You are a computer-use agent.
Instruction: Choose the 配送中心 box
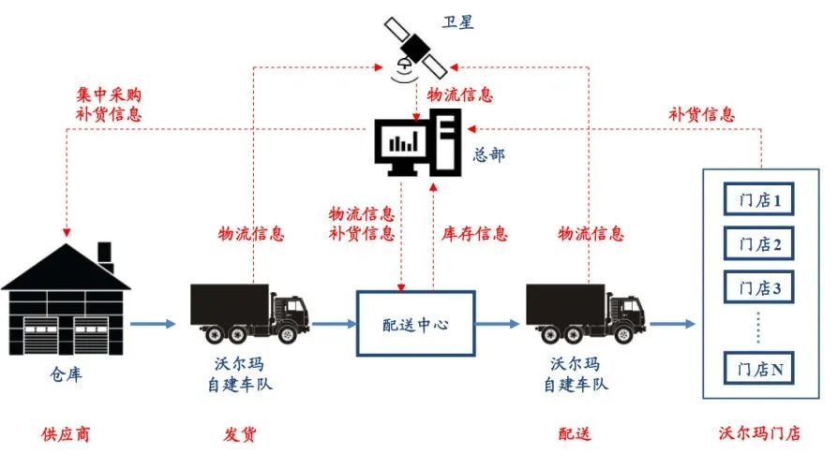(415, 324)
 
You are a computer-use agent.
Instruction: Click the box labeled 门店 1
(759, 199)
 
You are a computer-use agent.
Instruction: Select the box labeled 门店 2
(759, 244)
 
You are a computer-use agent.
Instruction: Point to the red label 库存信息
(475, 233)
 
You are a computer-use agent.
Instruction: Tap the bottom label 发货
(240, 434)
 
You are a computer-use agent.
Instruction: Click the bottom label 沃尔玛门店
(759, 434)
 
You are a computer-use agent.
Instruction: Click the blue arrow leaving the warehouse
(153, 324)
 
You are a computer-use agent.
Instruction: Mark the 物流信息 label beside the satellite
(460, 95)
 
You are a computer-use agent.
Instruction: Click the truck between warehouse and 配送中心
(247, 313)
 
